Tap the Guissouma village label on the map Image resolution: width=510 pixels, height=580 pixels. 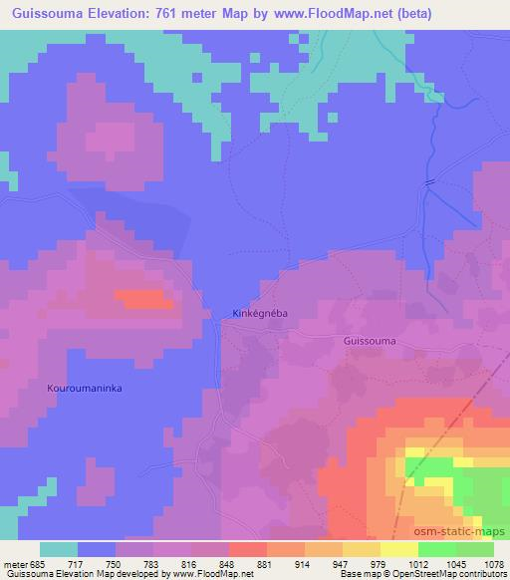[369, 341]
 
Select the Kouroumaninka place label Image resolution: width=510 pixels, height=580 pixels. [85, 388]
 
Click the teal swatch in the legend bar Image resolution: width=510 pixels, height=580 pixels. [59, 549]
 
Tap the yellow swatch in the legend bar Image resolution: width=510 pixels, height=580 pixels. [398, 549]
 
